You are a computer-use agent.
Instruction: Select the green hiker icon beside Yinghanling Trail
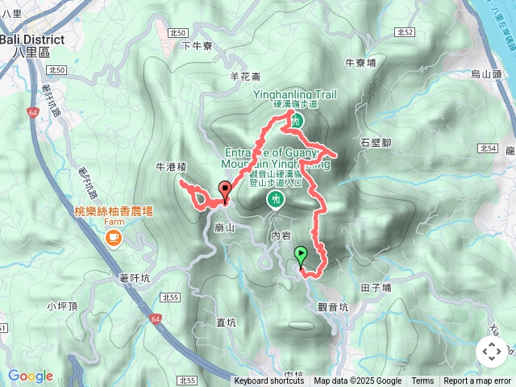(296, 120)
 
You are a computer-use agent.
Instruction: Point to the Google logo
(31, 377)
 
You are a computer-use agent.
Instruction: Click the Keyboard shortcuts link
(269, 381)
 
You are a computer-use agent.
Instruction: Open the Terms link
(422, 381)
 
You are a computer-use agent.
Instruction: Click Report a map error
(477, 381)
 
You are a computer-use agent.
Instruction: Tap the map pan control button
(492, 352)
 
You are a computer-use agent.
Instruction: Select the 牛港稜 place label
(172, 168)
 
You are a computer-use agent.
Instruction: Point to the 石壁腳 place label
(376, 143)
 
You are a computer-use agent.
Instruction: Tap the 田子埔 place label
(376, 287)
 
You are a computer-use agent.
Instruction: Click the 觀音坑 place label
(333, 307)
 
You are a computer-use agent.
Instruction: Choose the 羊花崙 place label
(245, 77)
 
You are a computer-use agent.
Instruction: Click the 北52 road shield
(405, 32)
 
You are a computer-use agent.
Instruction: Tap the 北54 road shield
(486, 148)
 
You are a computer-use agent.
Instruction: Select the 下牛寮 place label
(197, 46)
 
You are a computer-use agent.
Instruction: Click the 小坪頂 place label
(62, 306)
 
